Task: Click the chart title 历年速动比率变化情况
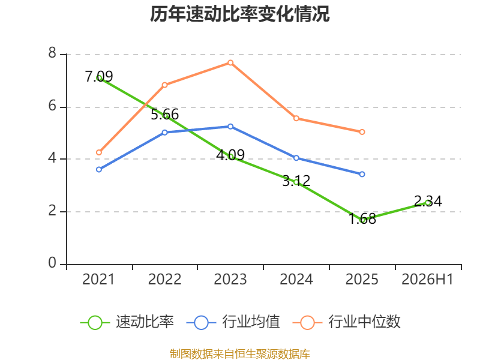[239, 14]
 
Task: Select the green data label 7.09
[98, 76]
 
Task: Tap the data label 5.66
[164, 114]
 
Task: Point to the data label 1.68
[362, 218]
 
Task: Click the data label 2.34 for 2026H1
[428, 201]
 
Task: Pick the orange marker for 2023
[230, 63]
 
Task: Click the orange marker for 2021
[99, 152]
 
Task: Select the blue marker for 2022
[164, 133]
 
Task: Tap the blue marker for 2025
[362, 174]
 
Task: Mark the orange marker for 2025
[362, 132]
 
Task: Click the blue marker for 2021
[99, 169]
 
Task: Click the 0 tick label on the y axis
[52, 263]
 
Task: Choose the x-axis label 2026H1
[427, 279]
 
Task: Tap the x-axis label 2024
[296, 279]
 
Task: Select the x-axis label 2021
[98, 279]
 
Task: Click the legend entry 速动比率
[127, 322]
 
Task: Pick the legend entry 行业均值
[233, 322]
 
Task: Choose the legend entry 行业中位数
[347, 322]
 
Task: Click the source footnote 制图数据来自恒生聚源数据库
[239, 354]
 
